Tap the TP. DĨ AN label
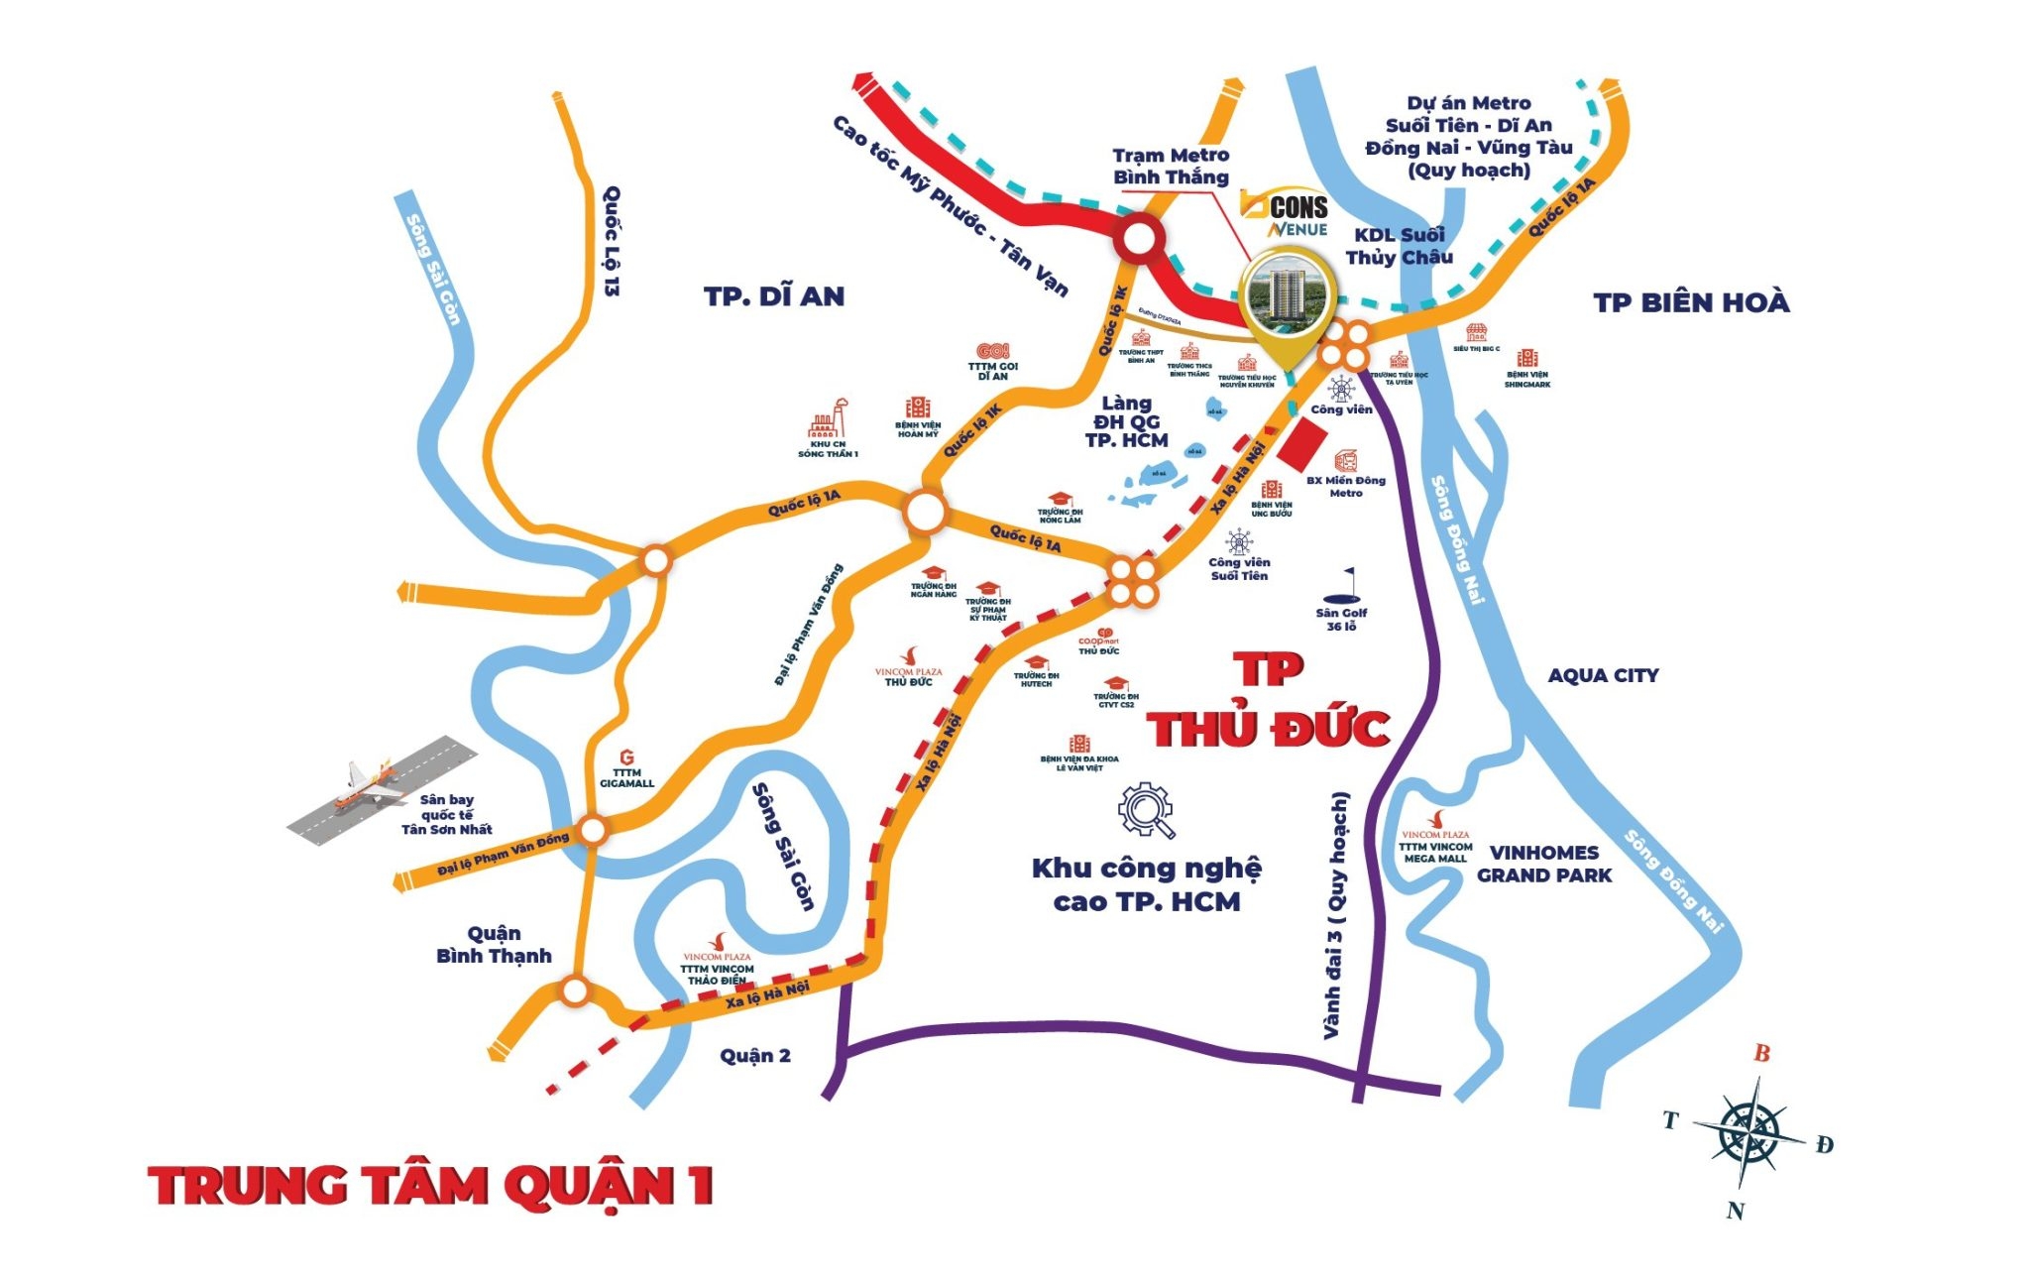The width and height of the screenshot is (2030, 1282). (x=774, y=296)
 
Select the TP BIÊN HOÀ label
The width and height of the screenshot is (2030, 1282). (x=1691, y=302)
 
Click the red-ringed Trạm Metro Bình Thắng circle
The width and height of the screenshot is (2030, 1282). (x=1138, y=240)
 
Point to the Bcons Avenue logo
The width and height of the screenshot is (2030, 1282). (x=1285, y=212)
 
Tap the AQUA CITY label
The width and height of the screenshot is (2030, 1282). (x=1603, y=675)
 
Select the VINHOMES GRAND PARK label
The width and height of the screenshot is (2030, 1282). (x=1544, y=864)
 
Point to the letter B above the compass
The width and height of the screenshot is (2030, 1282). (x=1761, y=1053)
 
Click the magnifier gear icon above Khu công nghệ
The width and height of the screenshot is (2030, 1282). (x=1147, y=811)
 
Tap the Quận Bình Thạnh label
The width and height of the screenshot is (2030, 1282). (x=494, y=944)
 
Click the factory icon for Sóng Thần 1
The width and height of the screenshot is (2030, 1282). (x=828, y=421)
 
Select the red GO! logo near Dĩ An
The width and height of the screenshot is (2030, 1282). (x=992, y=351)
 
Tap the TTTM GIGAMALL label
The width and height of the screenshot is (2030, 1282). (x=626, y=777)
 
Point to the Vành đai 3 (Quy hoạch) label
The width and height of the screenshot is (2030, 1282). (x=1337, y=915)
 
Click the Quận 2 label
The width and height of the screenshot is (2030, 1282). (x=755, y=1055)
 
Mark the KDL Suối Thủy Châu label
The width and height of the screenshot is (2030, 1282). (x=1399, y=246)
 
